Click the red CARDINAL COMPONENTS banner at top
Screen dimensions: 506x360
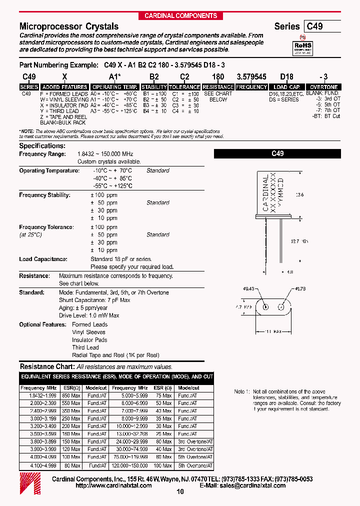[180, 15]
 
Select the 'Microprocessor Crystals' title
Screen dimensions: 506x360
[69, 26]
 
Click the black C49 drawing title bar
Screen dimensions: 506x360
[277, 154]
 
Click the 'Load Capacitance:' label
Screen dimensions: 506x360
[43, 259]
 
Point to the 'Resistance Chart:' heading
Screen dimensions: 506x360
[46, 367]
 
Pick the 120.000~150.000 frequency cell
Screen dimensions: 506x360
[130, 465]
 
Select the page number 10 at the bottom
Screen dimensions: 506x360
[180, 492]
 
